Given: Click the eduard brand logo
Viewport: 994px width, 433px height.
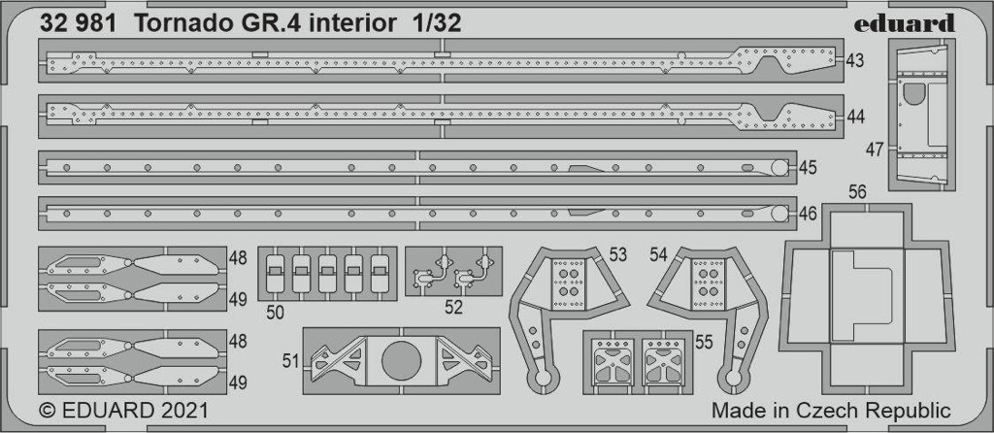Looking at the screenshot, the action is coord(904,23).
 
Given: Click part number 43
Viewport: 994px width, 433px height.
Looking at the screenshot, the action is coord(855,61).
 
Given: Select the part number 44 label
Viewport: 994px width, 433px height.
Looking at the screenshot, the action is coord(855,117).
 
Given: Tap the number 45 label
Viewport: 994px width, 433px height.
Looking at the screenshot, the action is coord(808,168).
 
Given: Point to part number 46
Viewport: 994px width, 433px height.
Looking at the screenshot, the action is coord(808,214).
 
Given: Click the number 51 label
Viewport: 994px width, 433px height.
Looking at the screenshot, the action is coord(291,361).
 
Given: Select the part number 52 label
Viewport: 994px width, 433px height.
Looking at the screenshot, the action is coord(454,308).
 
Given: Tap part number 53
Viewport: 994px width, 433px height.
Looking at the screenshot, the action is coord(617,255).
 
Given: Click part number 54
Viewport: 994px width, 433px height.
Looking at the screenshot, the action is coord(659,255).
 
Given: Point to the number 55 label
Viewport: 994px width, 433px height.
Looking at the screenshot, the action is coord(704,343).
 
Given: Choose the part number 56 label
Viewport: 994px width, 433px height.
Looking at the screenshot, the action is coord(858,193).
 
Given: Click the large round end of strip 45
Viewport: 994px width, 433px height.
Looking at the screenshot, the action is coord(779,168).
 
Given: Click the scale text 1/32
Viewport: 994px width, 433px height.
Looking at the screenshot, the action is coord(429,23).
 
